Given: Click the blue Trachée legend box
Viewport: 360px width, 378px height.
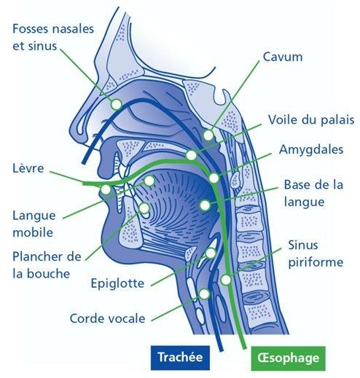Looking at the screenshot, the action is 180,358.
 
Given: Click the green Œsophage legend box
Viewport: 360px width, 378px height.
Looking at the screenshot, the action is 288,358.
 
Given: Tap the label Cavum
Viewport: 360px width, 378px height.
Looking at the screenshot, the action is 283,57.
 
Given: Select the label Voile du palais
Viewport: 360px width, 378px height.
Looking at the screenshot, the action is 311,120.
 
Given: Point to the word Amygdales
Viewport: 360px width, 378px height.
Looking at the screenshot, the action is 311,150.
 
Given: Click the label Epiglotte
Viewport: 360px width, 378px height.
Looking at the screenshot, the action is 117,283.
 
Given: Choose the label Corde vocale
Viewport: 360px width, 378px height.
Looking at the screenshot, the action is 107,318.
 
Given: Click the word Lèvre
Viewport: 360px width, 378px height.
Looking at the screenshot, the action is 28,168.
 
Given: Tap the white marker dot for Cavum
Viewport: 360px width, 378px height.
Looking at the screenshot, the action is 208,135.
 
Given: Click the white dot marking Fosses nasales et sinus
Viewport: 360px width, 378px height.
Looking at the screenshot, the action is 117,104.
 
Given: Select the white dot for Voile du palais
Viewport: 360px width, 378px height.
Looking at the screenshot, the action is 191,155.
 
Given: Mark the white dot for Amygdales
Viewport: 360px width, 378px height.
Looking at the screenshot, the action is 214,178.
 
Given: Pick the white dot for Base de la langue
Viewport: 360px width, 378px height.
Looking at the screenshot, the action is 206,205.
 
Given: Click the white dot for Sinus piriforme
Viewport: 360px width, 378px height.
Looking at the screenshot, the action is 226,280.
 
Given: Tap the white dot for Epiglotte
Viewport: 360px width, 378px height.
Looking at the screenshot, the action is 211,253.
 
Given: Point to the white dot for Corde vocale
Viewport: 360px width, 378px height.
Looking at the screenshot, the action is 204,294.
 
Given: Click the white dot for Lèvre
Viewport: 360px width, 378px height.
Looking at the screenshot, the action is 106,189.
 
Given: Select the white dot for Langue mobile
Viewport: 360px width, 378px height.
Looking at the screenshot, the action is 149,181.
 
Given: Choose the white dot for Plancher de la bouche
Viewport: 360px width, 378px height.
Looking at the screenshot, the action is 144,208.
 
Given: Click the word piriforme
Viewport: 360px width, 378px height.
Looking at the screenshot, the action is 316,262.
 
